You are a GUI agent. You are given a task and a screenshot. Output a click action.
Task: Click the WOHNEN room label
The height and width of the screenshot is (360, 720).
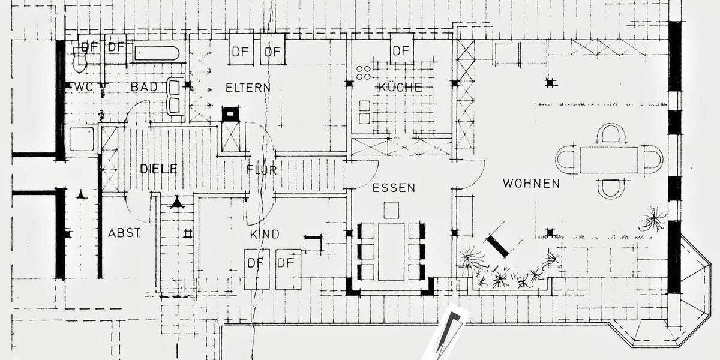(x=531, y=184)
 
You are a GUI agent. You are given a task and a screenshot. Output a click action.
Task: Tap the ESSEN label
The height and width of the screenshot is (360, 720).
(x=394, y=188)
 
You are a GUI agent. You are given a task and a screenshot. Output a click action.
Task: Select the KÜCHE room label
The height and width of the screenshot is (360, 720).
(x=400, y=87)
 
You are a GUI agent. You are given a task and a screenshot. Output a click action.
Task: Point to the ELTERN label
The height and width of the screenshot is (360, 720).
(x=248, y=88)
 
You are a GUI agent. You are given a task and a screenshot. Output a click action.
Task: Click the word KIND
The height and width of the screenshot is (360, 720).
(x=265, y=235)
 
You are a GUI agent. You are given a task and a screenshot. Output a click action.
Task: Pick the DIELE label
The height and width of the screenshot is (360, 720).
(x=159, y=169)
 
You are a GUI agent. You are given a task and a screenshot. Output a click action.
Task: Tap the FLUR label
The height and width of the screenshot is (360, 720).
(x=262, y=170)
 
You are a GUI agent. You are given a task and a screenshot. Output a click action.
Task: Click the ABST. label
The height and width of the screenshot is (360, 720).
(x=124, y=233)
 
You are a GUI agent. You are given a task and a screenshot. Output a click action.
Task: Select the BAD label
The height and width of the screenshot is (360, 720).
(x=145, y=87)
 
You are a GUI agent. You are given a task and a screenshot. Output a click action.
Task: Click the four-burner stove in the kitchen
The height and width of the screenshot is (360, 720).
(x=364, y=73)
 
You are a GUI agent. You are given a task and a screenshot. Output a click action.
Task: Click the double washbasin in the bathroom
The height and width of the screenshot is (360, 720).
(x=175, y=96)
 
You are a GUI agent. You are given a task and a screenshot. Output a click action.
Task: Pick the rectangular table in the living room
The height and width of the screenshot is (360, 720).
(x=609, y=160)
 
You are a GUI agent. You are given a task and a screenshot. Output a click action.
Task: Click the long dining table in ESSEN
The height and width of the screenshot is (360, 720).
(x=391, y=251)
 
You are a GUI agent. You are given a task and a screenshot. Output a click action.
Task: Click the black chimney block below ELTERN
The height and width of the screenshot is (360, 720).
(x=231, y=114)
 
